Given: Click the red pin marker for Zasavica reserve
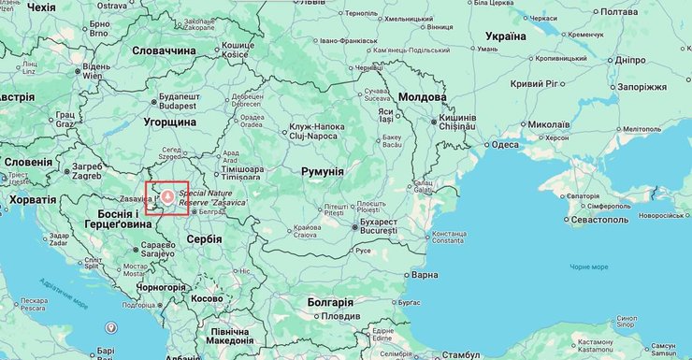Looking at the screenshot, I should click(x=166, y=195).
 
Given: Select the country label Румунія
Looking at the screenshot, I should click(x=322, y=172).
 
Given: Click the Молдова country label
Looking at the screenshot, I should click(x=423, y=97).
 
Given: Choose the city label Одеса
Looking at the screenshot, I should click(x=505, y=145).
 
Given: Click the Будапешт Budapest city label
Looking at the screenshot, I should click(x=180, y=101).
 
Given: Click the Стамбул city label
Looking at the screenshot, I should click(x=460, y=355).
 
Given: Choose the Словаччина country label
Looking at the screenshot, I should click(x=165, y=50).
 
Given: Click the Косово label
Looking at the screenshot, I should click(x=207, y=298).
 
